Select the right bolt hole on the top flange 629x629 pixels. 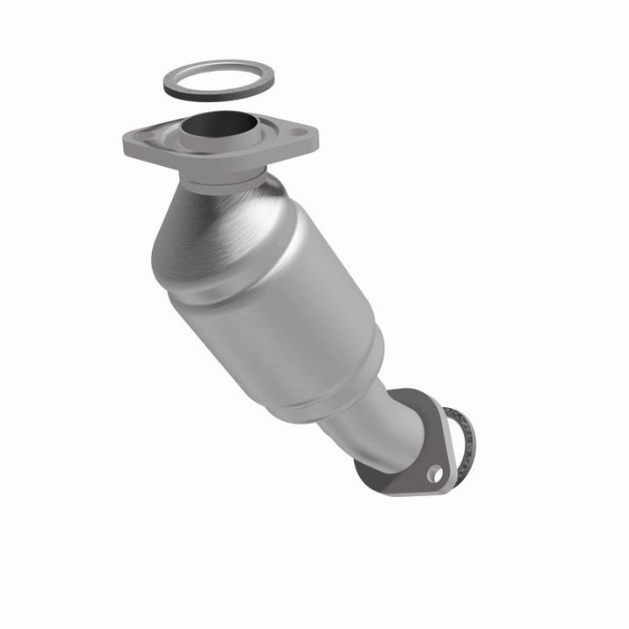click(x=299, y=134)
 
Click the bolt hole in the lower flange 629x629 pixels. click(x=433, y=473)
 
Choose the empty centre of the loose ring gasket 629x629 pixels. click(x=218, y=76)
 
